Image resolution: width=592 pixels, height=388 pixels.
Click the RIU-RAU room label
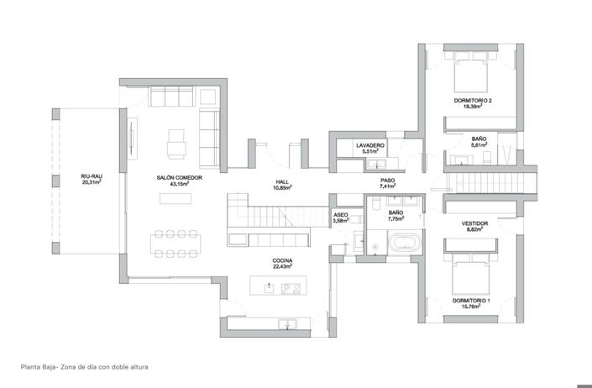(x=92, y=176)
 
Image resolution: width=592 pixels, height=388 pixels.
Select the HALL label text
(x=282, y=182)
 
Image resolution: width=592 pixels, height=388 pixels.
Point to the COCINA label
(x=282, y=261)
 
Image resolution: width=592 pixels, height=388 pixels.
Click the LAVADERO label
(x=370, y=145)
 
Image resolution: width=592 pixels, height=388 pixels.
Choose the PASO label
(x=388, y=181)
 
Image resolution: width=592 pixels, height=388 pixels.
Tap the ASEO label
(x=341, y=215)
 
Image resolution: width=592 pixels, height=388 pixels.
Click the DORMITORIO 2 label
(x=473, y=101)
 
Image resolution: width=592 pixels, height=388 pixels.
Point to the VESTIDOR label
(x=474, y=223)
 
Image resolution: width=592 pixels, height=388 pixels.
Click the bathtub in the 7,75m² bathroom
(x=405, y=243)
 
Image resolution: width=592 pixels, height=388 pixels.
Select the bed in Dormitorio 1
(x=471, y=274)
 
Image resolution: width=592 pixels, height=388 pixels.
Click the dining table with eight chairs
(x=176, y=244)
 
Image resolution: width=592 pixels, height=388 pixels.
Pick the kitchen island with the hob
(x=278, y=286)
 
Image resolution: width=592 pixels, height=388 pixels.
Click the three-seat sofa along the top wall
(x=171, y=97)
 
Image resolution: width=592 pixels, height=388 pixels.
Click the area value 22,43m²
(x=282, y=266)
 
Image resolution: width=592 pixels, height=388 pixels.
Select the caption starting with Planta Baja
(x=85, y=367)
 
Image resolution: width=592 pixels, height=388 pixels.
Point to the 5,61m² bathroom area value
(x=479, y=144)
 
